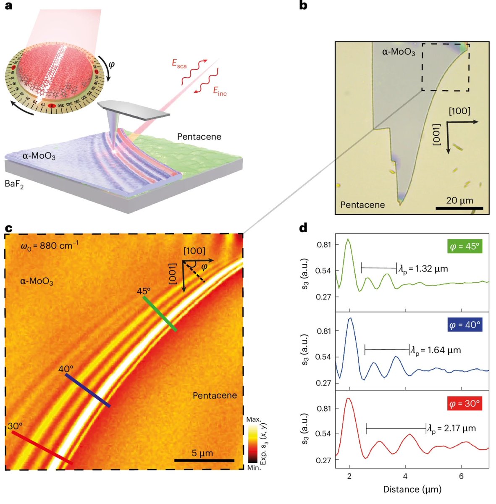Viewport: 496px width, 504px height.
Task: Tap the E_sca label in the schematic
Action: [179, 64]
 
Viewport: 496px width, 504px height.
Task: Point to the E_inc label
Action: [220, 91]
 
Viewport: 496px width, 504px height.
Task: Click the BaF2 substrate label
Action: [14, 184]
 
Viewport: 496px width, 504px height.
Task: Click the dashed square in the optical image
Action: [445, 67]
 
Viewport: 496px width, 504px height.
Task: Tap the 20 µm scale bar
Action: [459, 208]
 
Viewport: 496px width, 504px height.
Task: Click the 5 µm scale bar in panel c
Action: [204, 460]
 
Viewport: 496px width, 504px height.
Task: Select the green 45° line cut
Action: [160, 314]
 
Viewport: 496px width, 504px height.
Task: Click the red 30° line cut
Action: [41, 447]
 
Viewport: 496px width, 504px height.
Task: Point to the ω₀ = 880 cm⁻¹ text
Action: [49, 245]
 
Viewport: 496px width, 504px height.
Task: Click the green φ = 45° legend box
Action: [464, 246]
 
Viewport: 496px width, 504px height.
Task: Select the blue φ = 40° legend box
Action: [464, 325]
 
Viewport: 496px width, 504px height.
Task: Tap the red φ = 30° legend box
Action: [464, 404]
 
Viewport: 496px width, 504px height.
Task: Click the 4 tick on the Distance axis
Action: [405, 476]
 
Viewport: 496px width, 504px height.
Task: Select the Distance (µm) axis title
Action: [412, 489]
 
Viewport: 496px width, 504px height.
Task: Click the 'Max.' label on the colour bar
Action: [254, 420]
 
